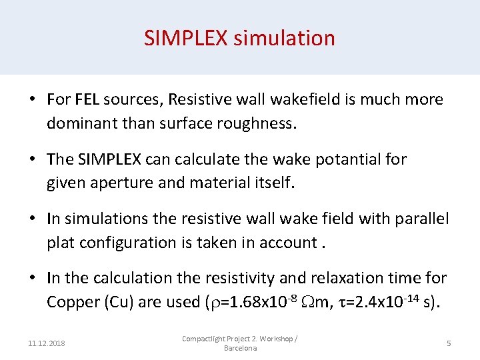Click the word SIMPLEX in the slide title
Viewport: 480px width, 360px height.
click(186, 38)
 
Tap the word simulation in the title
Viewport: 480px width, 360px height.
click(284, 38)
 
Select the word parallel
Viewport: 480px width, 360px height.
click(419, 219)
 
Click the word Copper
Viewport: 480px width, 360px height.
click(71, 302)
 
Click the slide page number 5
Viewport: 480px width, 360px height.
click(449, 343)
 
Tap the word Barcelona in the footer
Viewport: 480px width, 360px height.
click(240, 349)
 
